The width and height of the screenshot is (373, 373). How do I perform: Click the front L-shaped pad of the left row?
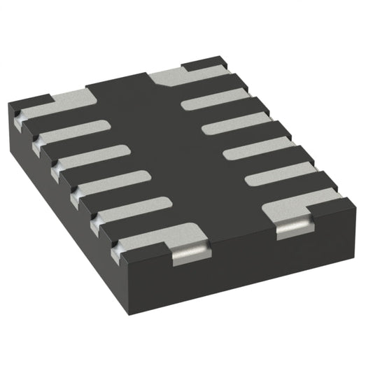coord(164,235)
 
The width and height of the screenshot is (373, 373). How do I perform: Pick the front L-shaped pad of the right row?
coord(301,204)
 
